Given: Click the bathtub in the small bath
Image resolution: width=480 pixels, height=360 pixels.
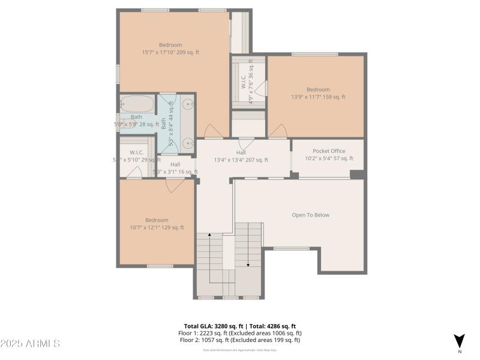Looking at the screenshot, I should coord(137,104).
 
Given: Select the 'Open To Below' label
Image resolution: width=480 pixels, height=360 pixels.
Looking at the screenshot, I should coord(310,215).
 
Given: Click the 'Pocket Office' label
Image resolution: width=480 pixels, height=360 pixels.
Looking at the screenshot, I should coord(329,151).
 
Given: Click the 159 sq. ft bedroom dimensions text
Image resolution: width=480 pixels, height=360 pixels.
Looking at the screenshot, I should coord(318,97).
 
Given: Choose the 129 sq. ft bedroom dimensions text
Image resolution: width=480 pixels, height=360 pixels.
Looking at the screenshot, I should coord(157,227).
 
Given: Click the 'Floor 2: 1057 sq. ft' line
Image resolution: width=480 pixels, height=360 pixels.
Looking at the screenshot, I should coord(239,340).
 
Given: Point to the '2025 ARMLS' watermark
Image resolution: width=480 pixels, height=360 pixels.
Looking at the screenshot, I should coord(30,344).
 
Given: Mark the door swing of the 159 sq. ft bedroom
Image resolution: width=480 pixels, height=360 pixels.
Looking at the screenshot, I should coord(277,131).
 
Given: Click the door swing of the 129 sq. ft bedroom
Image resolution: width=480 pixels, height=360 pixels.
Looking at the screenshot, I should coord(175,186).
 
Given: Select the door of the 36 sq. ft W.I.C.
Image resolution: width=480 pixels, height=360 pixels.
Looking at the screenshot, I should coord(260,89).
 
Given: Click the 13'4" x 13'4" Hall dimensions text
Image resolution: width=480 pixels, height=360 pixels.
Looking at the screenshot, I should coord(241,160).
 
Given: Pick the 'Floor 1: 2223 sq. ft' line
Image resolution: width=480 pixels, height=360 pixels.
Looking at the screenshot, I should coord(239,333).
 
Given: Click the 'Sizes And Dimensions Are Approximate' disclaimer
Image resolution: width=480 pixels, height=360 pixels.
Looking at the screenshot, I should coord(239,350).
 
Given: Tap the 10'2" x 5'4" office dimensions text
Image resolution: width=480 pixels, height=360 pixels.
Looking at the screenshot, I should coord(329,158).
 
